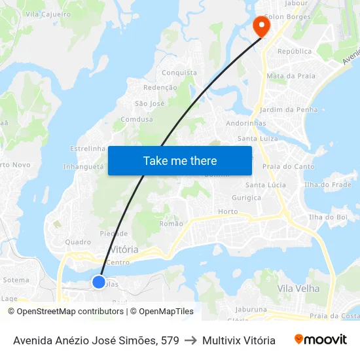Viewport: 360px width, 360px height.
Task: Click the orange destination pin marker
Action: [x=261, y=26]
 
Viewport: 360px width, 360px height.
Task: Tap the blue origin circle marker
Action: [x=99, y=282]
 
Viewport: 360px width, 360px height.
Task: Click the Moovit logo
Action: [x=320, y=340]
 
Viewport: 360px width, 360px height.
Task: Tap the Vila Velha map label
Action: [x=298, y=289]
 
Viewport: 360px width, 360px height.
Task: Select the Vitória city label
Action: [x=124, y=250]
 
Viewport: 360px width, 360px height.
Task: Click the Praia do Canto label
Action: [x=288, y=167]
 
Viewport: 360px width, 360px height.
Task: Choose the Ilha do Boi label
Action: [x=328, y=217]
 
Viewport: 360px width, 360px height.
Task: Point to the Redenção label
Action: [x=160, y=88]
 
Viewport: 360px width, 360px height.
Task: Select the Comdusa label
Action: [x=137, y=120]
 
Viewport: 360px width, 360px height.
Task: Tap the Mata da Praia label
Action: [x=287, y=77]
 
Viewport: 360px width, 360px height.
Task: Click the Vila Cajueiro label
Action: [x=48, y=14]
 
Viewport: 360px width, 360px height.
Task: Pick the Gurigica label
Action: [x=247, y=198]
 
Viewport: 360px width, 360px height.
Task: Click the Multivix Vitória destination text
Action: [x=239, y=340]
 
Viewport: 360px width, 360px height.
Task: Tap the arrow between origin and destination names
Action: [x=190, y=340]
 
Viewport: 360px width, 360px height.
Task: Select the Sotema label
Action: [x=16, y=280]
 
